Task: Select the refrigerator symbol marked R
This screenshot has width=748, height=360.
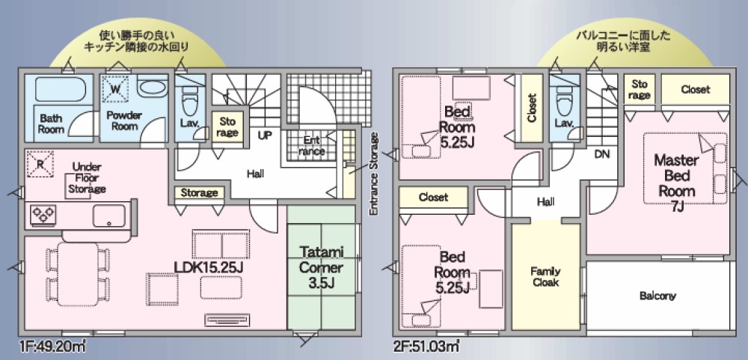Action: click(40, 164)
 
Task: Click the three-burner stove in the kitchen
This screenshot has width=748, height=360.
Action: click(43, 214)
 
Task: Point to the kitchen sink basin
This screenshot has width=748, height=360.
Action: click(108, 216)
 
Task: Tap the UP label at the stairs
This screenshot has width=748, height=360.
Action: click(265, 135)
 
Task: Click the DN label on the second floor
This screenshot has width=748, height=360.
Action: click(603, 154)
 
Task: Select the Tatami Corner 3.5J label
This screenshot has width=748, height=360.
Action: click(322, 268)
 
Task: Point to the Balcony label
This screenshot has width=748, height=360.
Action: click(657, 296)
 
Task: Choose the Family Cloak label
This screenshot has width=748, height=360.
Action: click(546, 276)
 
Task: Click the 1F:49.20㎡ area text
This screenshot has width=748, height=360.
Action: click(53, 345)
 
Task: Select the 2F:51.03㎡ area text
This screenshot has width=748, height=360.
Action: click(426, 345)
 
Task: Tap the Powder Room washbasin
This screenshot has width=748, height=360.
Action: click(152, 88)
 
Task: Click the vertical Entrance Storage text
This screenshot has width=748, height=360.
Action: click(375, 174)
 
